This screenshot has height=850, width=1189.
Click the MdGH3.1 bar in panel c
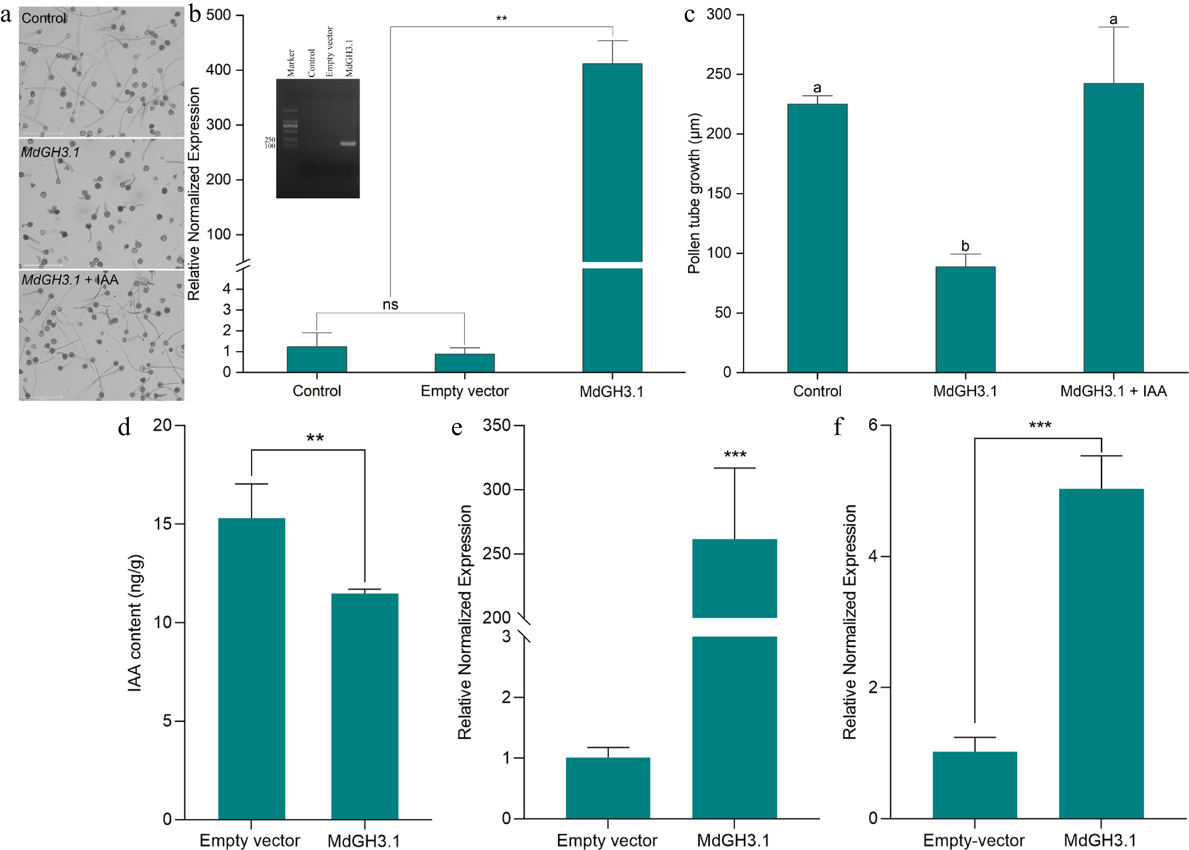965,319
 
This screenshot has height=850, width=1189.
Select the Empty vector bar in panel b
464,363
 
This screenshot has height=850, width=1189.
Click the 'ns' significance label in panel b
390,305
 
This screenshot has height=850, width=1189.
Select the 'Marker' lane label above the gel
291,63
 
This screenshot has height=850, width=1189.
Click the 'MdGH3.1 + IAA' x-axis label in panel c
1113,391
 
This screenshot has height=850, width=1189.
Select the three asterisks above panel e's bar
735,454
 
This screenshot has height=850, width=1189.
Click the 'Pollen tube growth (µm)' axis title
694,194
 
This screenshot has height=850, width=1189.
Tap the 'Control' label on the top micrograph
44,18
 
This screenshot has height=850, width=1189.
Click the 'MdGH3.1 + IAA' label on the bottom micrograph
70,280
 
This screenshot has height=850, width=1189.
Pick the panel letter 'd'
124,427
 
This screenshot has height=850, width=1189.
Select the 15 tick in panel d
163,523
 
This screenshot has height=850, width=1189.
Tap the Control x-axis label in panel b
317,391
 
